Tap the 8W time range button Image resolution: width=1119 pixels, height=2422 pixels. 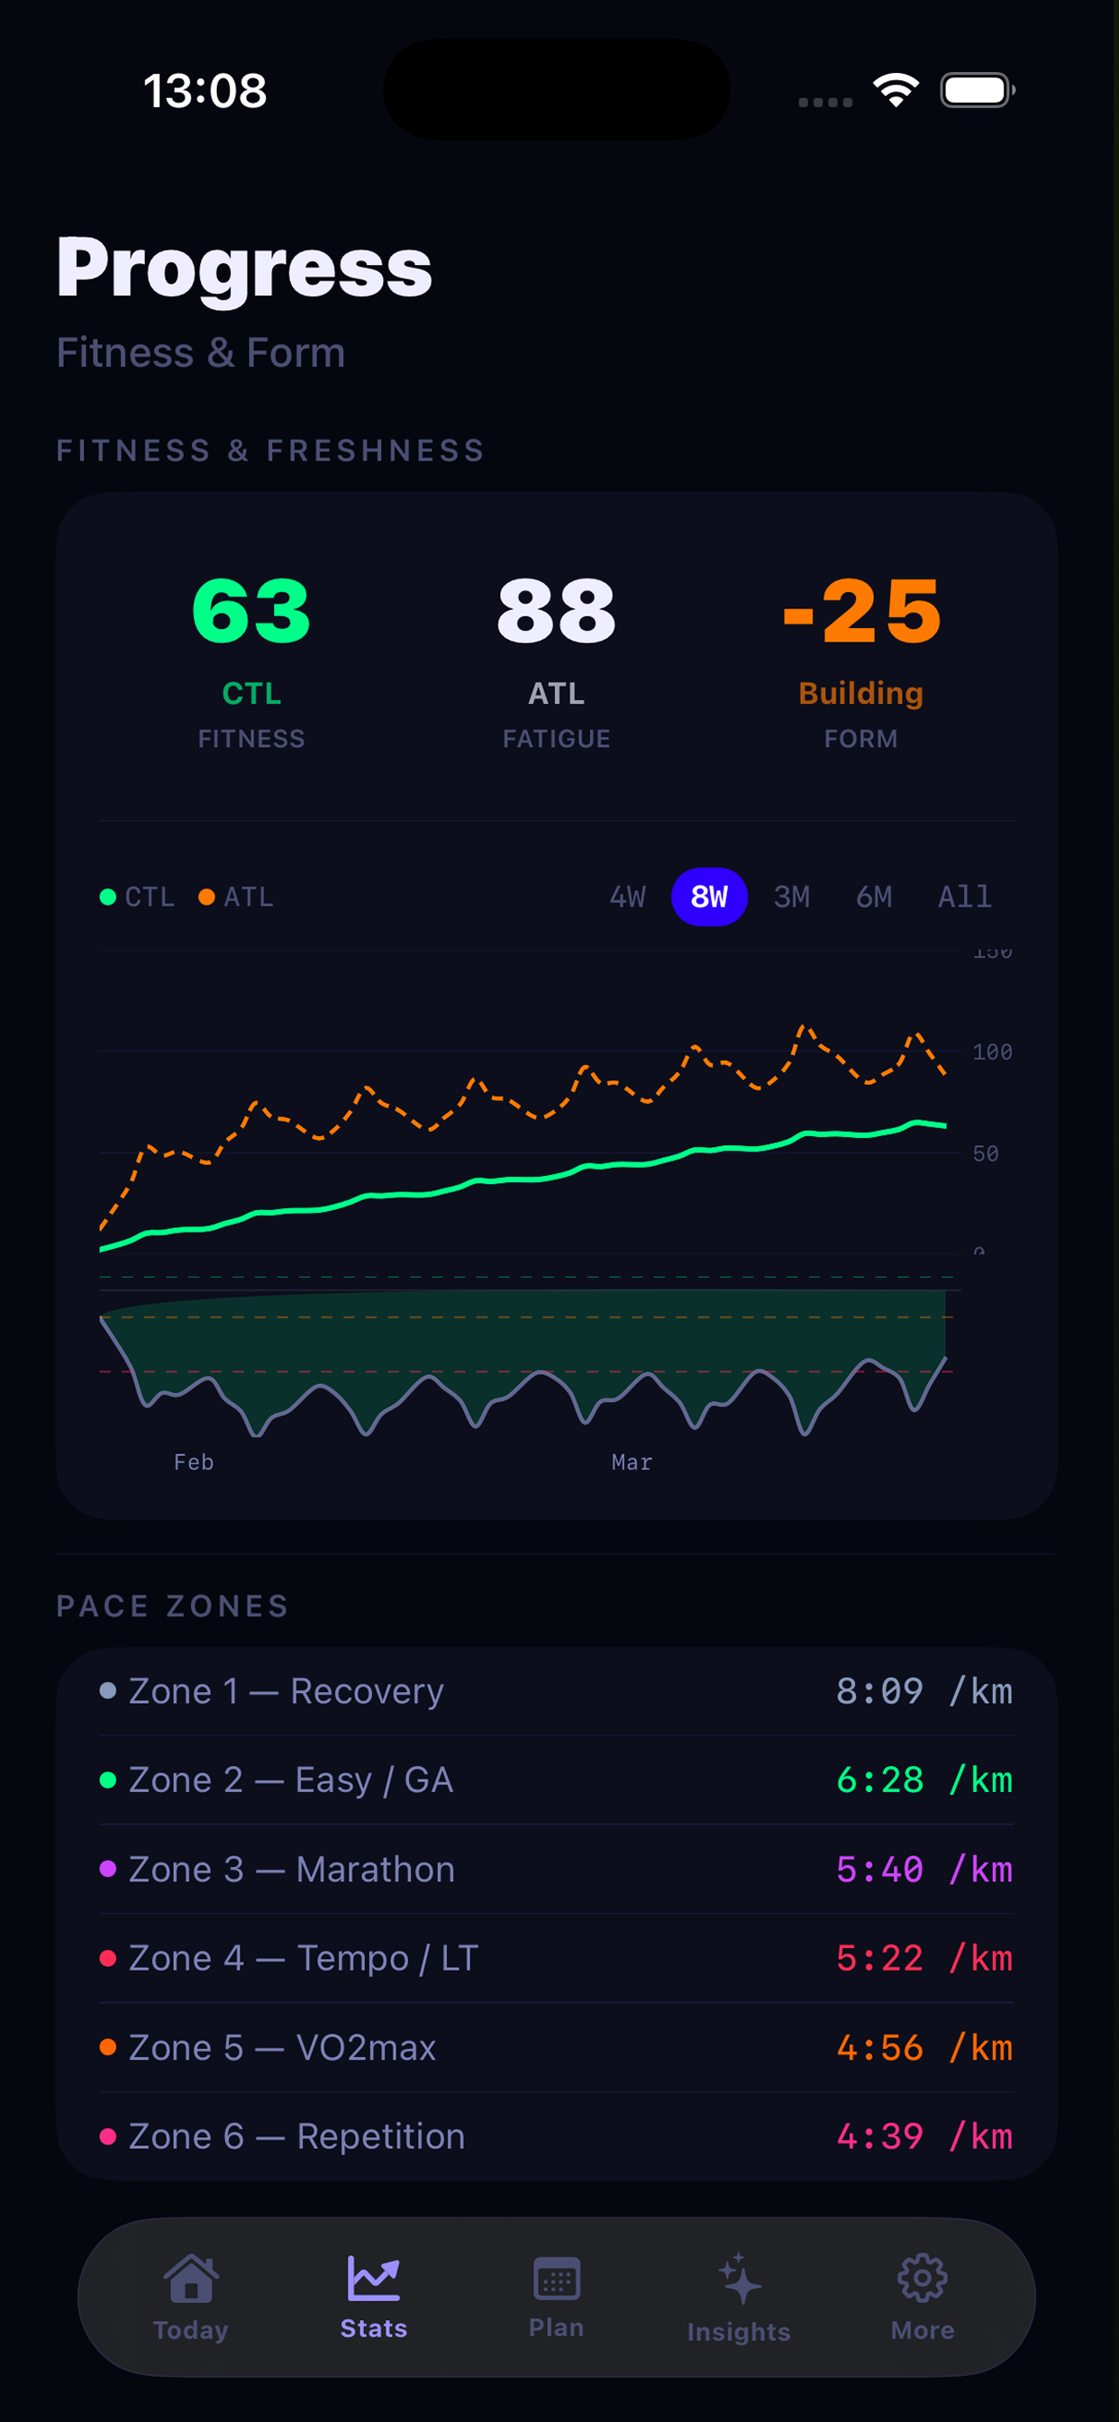709,896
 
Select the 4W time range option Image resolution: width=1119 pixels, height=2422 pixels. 627,896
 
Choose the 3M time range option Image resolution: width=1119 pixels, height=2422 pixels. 791,896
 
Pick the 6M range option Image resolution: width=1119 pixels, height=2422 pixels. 874,896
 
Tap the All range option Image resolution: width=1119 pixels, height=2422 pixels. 964,896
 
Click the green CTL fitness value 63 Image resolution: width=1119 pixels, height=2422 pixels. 251,611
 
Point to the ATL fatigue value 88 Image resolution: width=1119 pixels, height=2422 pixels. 556,611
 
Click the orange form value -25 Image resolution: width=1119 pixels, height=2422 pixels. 861,611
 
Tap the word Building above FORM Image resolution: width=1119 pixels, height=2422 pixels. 860,693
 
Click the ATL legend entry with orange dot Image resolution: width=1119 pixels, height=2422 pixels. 236,896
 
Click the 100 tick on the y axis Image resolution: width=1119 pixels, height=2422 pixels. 991,1052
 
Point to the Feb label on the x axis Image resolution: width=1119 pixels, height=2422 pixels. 194,1462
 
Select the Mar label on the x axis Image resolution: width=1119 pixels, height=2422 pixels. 631,1462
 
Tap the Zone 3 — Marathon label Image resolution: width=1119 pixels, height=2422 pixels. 291,1869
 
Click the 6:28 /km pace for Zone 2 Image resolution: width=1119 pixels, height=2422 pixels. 923,1780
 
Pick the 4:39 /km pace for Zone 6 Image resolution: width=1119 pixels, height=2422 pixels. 923,2136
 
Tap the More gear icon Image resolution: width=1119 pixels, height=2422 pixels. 922,2279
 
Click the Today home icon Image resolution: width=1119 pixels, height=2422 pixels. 191,2279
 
